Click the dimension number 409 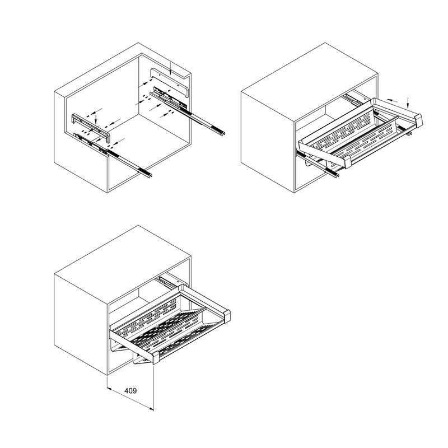point(130,390)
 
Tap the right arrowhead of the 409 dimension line point(151,409)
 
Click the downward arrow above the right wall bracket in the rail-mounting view point(170,69)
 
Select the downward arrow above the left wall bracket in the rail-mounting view point(96,119)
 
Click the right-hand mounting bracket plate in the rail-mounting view point(170,82)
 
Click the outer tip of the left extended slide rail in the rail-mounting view point(151,175)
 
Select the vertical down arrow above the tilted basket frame point(408,102)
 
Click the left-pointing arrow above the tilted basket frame point(393,101)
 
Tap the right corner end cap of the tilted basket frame point(418,120)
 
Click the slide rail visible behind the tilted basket point(353,99)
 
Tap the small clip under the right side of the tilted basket point(410,133)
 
